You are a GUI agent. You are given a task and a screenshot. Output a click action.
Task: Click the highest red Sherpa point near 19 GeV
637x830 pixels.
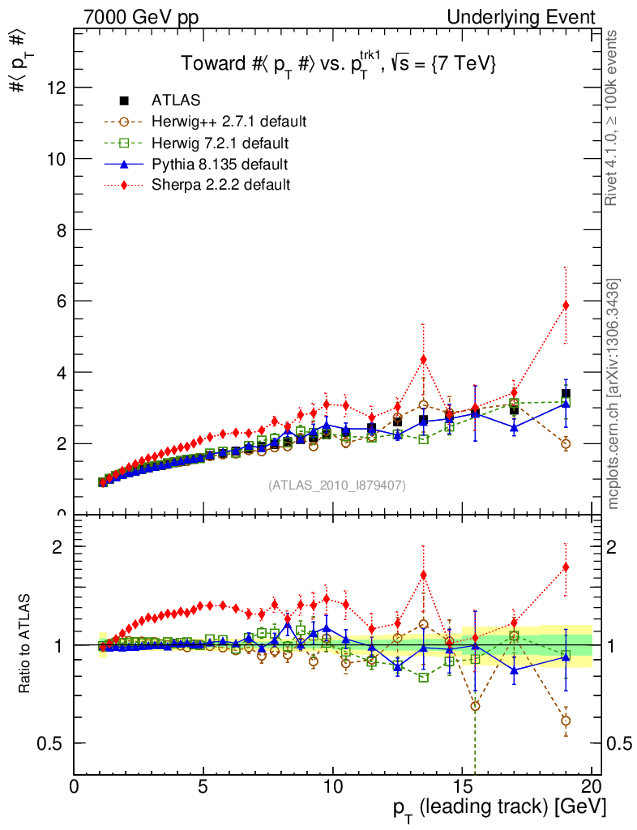(566, 306)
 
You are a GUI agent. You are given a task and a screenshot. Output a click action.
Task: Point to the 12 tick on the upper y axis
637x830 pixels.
(55, 88)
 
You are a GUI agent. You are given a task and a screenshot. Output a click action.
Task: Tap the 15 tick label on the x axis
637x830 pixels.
(462, 786)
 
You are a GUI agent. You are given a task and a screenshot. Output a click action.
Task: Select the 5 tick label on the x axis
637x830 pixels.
(203, 786)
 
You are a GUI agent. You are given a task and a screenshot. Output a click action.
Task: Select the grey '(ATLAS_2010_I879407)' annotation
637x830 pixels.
(337, 486)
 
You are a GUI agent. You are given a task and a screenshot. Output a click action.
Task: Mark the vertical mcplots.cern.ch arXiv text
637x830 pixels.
(613, 393)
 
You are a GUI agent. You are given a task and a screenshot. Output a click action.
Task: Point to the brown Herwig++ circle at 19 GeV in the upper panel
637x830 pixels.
(566, 443)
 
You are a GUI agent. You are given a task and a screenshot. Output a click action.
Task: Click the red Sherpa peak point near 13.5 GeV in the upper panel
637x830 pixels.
(423, 359)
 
